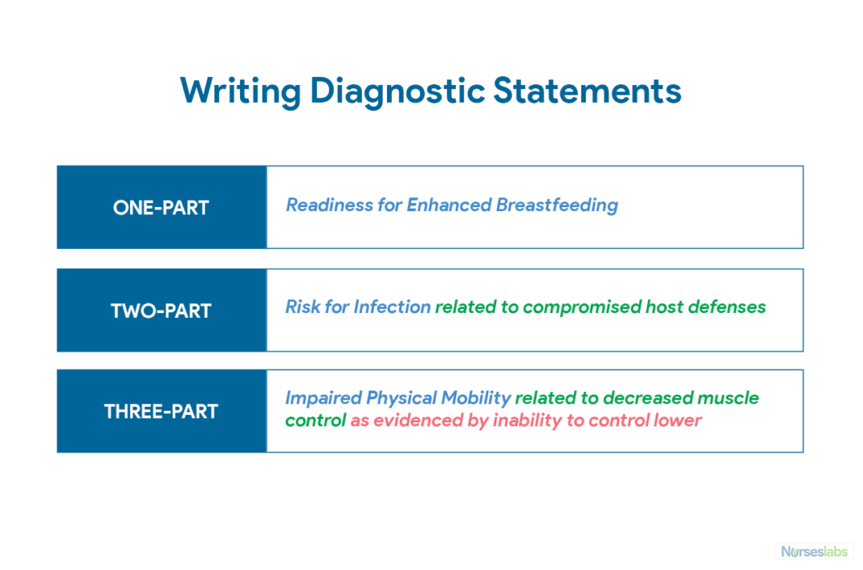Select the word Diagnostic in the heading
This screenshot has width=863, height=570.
(396, 91)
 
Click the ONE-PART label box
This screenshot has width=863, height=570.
(162, 208)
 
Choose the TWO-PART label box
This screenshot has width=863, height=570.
(162, 310)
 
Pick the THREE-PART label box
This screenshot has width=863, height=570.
(162, 412)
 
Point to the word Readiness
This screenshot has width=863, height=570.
(329, 205)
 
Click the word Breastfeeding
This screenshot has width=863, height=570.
(557, 205)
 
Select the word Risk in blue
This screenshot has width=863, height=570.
(303, 307)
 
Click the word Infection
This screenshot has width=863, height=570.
(393, 307)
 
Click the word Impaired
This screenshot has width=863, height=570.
(322, 399)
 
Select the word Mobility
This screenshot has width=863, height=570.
(476, 399)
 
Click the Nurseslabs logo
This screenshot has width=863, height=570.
(815, 551)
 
